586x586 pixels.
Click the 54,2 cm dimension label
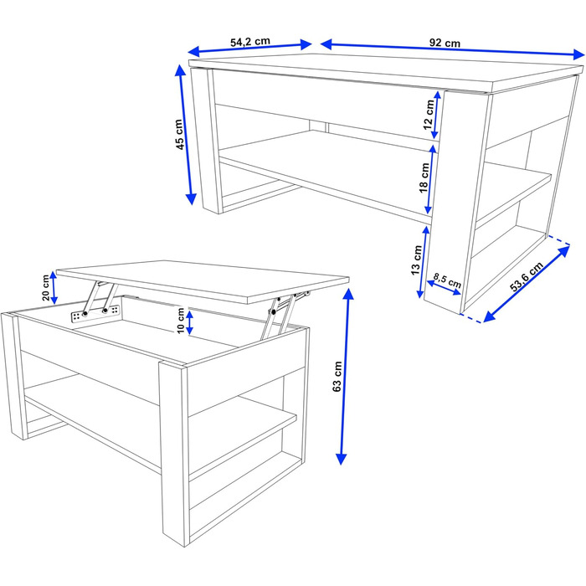[x=250, y=41]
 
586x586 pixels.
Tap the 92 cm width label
[x=445, y=43]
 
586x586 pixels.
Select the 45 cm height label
[x=180, y=134]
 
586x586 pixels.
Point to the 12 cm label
[x=429, y=115]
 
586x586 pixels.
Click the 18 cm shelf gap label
[x=424, y=177]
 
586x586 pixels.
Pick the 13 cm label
[x=416, y=260]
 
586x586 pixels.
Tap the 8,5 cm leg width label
[x=447, y=280]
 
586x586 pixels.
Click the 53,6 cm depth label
[x=527, y=277]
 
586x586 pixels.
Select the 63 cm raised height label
[x=337, y=377]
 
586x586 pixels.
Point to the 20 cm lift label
[x=45, y=287]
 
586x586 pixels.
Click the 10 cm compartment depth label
[x=181, y=321]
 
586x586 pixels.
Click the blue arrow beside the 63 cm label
[x=345, y=377]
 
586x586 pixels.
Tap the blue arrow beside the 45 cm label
[x=186, y=135]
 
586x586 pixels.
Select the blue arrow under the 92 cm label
[x=452, y=49]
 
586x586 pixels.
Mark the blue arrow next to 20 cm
[x=54, y=287]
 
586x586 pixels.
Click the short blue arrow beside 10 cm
[x=189, y=322]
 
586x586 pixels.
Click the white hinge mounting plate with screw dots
[x=95, y=312]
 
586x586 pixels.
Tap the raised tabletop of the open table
[x=203, y=280]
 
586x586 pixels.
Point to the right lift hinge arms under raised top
[x=284, y=312]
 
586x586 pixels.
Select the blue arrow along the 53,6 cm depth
[x=527, y=284]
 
